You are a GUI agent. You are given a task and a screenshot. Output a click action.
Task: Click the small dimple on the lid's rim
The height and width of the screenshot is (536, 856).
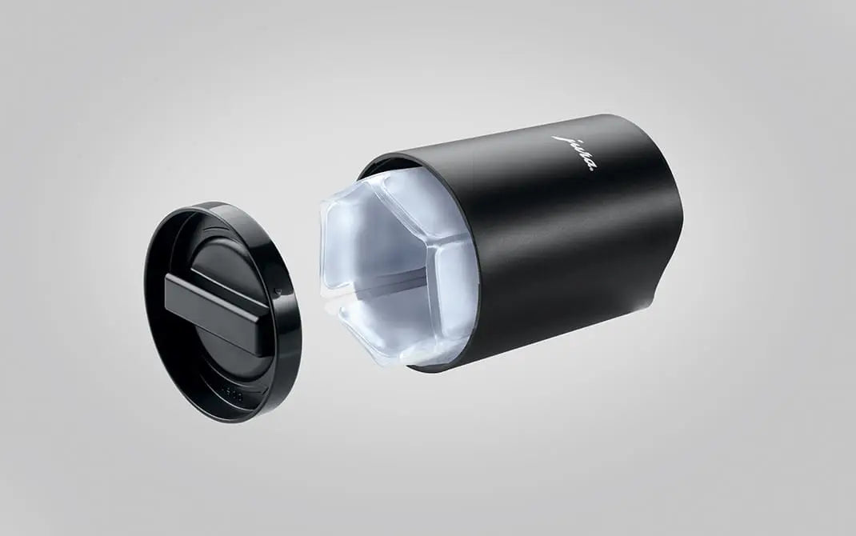278,291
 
